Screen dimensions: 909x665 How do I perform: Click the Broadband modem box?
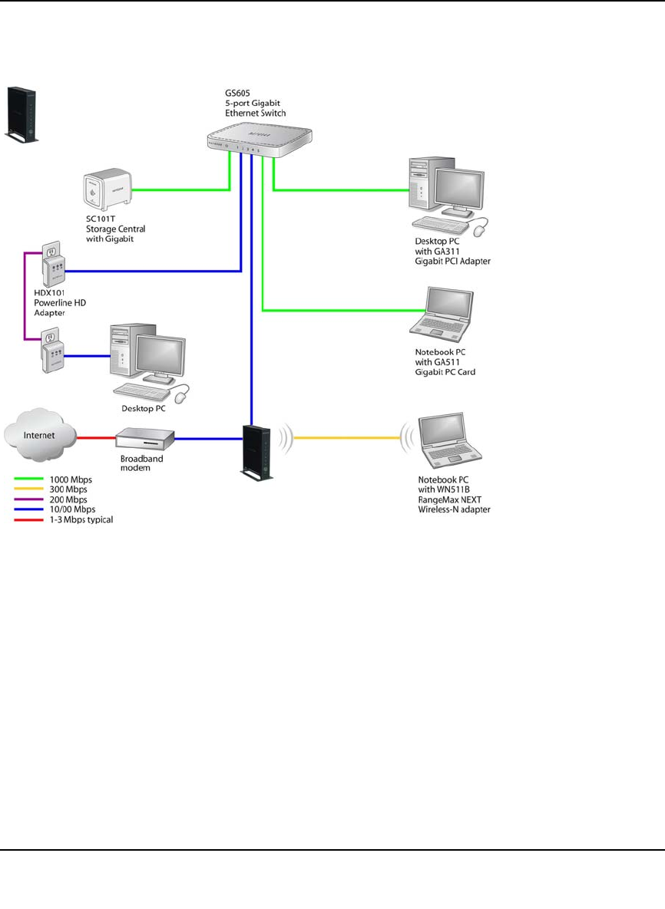pos(145,439)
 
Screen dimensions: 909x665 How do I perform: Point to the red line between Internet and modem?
pos(97,438)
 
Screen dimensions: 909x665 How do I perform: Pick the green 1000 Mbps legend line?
pos(30,479)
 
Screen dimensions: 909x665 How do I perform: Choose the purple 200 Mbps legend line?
pos(30,499)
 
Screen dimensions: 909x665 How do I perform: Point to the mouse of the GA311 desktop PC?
pos(481,229)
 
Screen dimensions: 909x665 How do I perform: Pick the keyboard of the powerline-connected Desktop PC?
pos(141,393)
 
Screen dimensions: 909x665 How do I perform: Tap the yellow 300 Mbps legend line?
pos(30,489)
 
